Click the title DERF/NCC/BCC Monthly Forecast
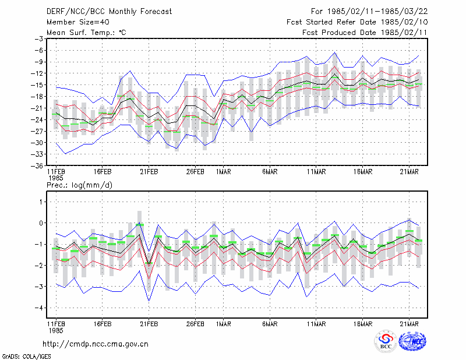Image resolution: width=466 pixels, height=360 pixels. pos(109,12)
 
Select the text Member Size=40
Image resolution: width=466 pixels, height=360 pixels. pos(78,22)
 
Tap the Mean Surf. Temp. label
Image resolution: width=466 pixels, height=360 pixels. pos(86,33)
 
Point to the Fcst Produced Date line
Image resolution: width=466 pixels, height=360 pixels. pos(365,33)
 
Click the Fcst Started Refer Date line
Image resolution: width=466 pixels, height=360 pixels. pos(357,22)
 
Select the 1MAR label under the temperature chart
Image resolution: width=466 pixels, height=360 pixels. pos(224,172)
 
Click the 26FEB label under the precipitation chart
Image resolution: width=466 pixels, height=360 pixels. pos(195,324)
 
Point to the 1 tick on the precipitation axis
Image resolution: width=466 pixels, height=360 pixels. pos(41,202)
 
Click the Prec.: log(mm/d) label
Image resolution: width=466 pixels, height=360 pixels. pos(79,185)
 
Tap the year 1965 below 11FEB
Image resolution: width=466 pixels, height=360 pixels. pos(56,178)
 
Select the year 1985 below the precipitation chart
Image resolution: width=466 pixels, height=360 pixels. pos(56,330)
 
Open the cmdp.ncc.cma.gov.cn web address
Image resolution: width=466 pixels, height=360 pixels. pos(96,344)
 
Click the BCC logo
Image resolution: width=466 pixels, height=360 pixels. pos(386,341)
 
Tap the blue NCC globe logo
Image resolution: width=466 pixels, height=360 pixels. pos(412,341)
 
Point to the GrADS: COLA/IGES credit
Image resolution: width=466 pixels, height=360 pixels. pos(26,357)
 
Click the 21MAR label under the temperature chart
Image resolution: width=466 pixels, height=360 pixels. pos(409,172)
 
